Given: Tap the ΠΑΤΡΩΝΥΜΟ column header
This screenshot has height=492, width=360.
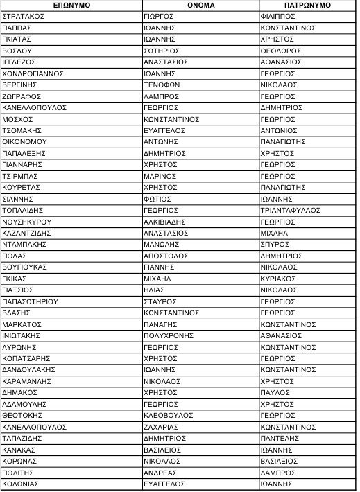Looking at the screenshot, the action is [306, 5].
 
